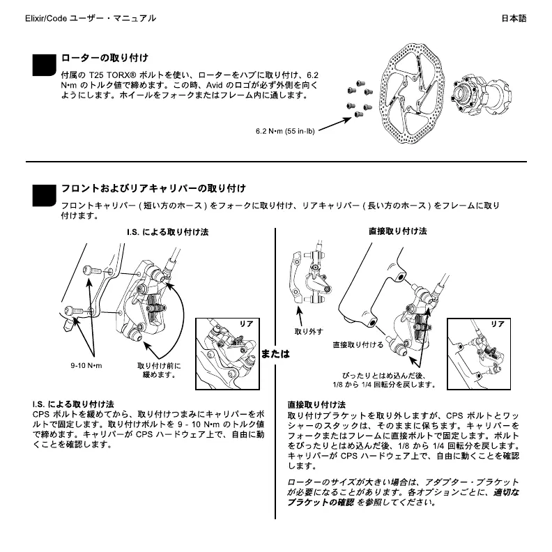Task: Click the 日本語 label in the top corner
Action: click(x=514, y=18)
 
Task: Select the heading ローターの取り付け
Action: click(x=105, y=57)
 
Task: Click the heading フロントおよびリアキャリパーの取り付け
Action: click(x=153, y=188)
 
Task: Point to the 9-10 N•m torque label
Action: click(x=86, y=365)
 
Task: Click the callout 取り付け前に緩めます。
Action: click(x=159, y=369)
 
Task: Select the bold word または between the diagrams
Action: click(x=275, y=353)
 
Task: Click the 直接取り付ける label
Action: click(x=358, y=345)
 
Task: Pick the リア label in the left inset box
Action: click(x=246, y=325)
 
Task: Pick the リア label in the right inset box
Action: click(x=497, y=324)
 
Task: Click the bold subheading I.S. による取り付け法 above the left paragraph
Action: click(x=73, y=404)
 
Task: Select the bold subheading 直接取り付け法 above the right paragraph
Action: click(x=316, y=404)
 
